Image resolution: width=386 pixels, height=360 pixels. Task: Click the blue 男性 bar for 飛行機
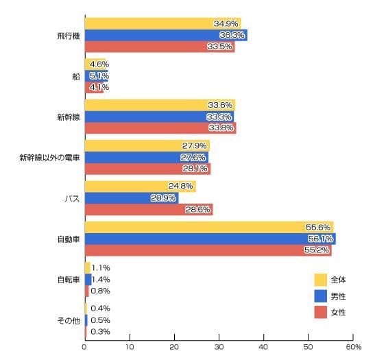[166, 35]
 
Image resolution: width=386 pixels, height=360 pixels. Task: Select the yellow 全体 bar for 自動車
[210, 227]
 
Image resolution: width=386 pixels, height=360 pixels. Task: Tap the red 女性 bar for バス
[149, 210]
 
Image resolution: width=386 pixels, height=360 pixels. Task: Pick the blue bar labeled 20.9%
[132, 198]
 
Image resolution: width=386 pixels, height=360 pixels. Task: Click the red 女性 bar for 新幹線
[160, 128]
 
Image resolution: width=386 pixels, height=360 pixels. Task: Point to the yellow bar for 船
[95, 64]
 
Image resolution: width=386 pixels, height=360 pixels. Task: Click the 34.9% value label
[226, 23]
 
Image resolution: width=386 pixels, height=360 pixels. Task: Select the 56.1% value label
[320, 239]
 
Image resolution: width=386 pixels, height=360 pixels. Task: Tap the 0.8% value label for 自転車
[100, 291]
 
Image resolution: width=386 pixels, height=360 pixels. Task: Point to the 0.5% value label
[100, 320]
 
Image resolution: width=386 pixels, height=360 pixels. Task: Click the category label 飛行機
[69, 36]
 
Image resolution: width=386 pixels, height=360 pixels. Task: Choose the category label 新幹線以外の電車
[50, 158]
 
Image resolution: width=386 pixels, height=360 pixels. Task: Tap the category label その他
[69, 321]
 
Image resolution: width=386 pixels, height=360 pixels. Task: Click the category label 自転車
[69, 280]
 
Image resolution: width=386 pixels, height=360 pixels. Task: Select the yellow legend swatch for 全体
[320, 280]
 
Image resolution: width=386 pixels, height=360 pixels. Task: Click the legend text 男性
[338, 296]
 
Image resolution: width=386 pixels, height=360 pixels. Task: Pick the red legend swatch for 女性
[320, 312]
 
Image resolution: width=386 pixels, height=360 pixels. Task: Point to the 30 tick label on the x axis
[219, 347]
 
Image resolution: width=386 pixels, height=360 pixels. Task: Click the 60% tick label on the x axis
[354, 347]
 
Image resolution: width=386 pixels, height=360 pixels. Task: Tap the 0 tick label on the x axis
[84, 347]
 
